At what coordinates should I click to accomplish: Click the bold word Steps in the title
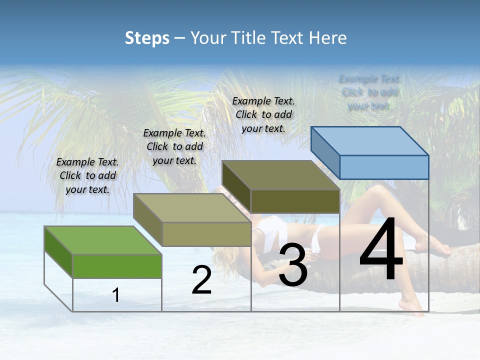tap(147, 38)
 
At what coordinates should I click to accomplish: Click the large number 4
tap(381, 250)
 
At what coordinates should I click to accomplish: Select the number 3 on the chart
tap(293, 265)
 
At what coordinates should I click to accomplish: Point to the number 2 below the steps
tap(201, 280)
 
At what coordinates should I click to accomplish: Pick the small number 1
tap(116, 295)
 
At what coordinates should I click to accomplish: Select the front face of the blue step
tap(384, 167)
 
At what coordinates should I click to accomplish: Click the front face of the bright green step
tap(117, 266)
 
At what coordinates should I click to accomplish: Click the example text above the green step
tap(87, 176)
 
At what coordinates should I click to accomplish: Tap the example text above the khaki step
tap(174, 146)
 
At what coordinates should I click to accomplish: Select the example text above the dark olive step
tap(263, 114)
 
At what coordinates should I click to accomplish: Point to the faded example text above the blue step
tap(369, 92)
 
